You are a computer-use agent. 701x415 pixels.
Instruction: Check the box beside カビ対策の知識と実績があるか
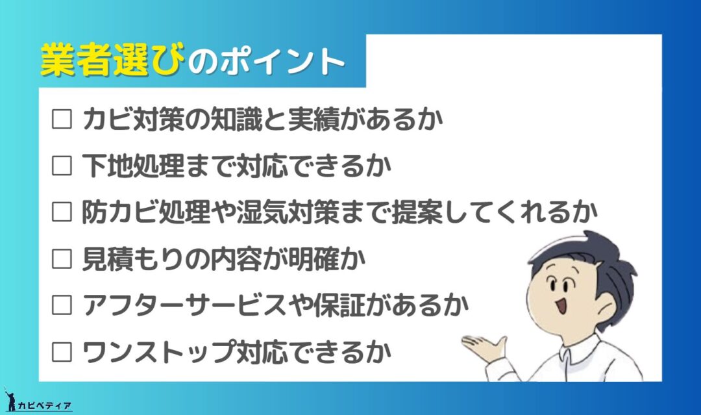(62, 119)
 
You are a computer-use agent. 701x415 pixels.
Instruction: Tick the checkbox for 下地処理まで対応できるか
(62, 166)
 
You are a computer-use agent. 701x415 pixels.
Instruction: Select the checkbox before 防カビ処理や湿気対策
(62, 212)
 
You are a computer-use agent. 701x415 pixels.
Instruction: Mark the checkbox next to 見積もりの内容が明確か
(62, 259)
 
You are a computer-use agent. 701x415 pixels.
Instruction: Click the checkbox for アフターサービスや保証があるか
(62, 305)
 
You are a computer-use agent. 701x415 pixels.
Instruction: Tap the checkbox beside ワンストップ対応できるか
(62, 352)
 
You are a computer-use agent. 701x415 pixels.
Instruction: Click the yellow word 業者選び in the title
(112, 60)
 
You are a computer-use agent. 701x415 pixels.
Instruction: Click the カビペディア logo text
(44, 406)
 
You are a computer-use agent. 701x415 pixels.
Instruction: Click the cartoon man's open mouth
(561, 306)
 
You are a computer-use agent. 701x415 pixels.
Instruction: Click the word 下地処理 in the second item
(133, 166)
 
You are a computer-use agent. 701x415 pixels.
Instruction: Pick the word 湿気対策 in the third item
(288, 212)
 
